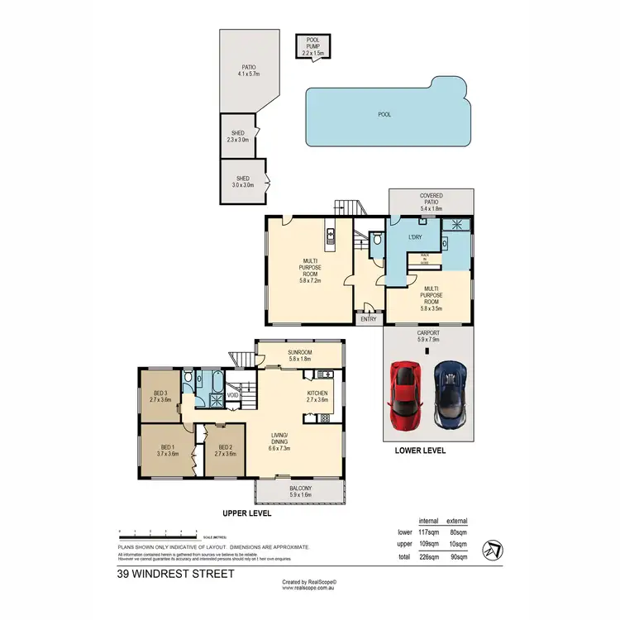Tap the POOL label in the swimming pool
384,115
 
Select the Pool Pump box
312,46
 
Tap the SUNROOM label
299,355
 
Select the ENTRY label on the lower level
366,317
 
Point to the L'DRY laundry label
415,238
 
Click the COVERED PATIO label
432,199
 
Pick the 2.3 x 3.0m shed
238,136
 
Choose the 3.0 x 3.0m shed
243,182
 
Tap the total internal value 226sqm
428,556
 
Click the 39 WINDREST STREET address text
176,573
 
